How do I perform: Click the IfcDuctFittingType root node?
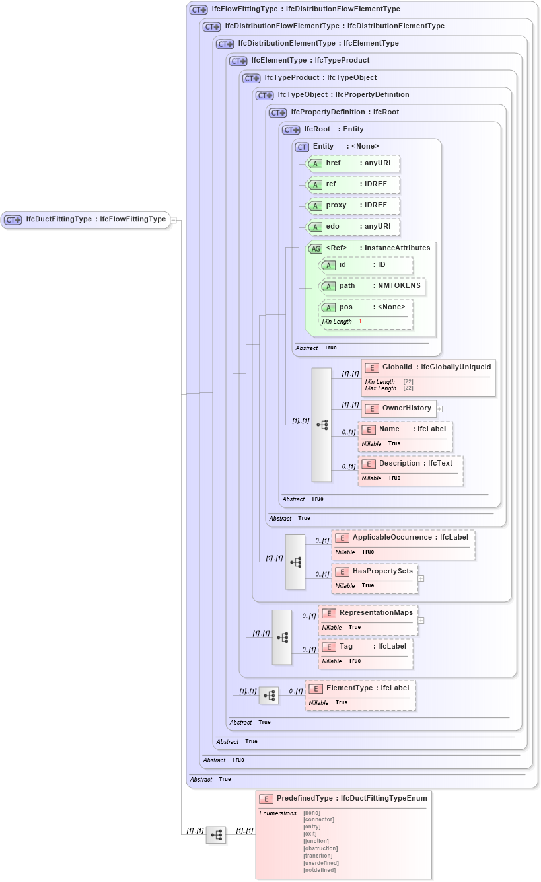(86, 220)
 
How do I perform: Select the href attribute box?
(353, 163)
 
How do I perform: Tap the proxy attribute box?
(353, 205)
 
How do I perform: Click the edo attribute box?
(353, 227)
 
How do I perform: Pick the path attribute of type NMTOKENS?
(372, 286)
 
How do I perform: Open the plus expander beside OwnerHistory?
(439, 409)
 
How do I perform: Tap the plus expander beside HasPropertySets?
(421, 579)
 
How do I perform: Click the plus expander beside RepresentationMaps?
(421, 620)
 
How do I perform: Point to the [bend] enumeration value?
(312, 812)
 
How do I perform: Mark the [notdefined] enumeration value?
(319, 870)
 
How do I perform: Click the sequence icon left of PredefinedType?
(215, 835)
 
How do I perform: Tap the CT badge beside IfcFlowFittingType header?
(198, 10)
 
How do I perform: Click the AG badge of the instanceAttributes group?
(316, 248)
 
